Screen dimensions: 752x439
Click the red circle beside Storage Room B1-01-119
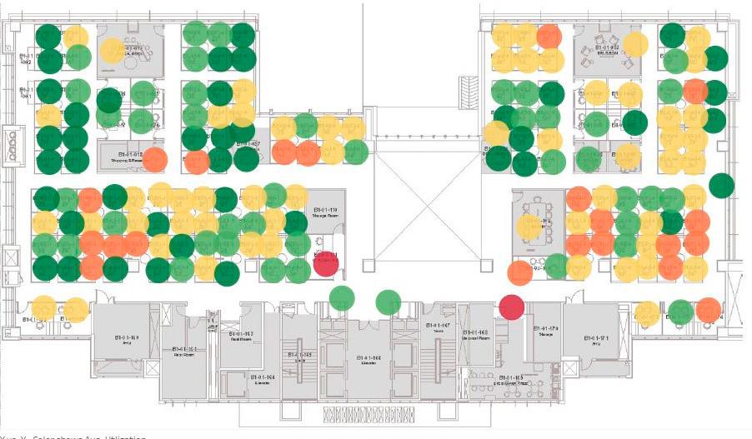(325, 262)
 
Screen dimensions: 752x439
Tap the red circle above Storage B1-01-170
(511, 307)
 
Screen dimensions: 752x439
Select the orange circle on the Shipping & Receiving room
(155, 159)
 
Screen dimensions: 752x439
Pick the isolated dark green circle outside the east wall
(721, 186)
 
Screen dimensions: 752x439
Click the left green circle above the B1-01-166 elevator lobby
(342, 297)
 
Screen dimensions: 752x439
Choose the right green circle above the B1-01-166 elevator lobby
(388, 302)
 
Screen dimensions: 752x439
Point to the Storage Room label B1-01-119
(325, 213)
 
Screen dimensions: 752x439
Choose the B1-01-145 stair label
(298, 356)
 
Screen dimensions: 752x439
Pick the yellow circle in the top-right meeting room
(635, 44)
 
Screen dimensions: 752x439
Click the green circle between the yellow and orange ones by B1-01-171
(681, 312)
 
